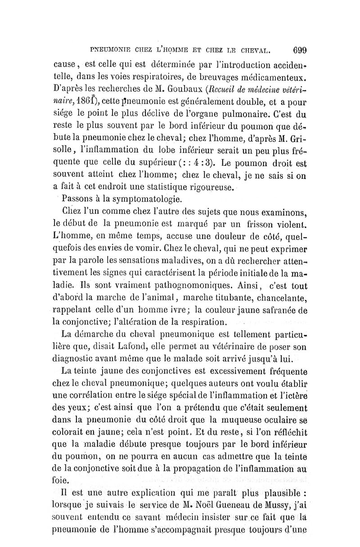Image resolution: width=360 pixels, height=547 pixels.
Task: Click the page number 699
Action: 299,50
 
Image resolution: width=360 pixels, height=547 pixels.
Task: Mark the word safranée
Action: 279,310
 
